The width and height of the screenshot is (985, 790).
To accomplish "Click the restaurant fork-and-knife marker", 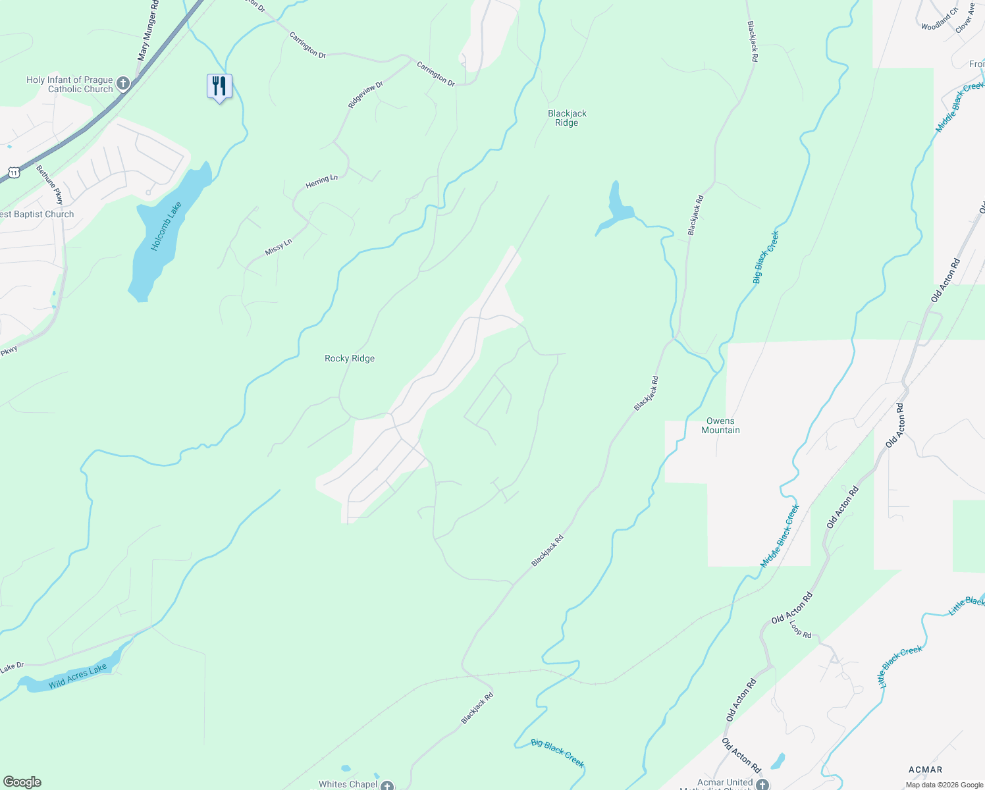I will [219, 86].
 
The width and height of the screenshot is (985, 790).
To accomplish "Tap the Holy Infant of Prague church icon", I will [123, 84].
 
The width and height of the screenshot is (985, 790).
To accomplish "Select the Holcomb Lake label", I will [165, 226].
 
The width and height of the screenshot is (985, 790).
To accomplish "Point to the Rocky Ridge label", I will [350, 359].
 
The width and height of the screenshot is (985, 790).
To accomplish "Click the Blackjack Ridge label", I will [567, 118].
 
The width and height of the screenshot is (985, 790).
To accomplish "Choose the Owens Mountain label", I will [720, 425].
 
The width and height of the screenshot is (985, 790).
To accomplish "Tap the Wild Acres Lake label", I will [78, 677].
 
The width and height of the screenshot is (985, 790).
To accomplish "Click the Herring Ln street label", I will [321, 182].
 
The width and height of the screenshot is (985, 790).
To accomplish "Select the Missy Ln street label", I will [278, 247].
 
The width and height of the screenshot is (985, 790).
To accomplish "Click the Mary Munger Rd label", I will [148, 31].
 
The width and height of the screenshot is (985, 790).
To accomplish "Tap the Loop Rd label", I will [801, 629].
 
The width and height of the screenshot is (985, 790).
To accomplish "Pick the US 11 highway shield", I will [13, 172].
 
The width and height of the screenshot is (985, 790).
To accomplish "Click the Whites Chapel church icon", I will [387, 785].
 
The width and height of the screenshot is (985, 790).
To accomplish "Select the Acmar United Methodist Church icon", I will [762, 784].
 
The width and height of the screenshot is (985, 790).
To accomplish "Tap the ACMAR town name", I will [925, 770].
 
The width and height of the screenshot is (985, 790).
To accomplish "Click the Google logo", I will [22, 782].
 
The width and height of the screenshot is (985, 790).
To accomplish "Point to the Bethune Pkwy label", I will [49, 184].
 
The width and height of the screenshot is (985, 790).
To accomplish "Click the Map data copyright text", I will [944, 785].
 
